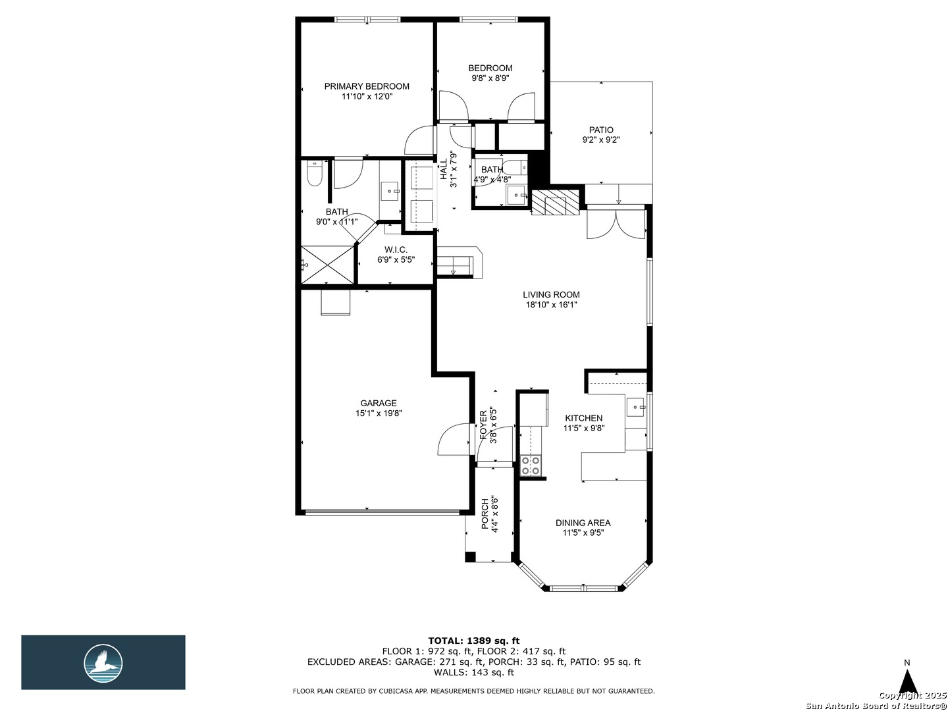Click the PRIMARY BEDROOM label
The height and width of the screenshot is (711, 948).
pos(367,86)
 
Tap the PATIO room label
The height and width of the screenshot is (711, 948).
pos(601,130)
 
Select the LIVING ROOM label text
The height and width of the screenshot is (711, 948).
pos(551,295)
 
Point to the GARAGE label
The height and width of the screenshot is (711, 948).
pos(379,403)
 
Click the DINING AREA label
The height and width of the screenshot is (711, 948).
pos(583,523)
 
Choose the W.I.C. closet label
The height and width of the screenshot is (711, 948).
pos(396,250)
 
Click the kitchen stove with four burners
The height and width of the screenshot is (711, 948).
pos(531,465)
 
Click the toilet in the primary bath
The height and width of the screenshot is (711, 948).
pos(315,172)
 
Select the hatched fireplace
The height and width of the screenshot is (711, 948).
pos(554,202)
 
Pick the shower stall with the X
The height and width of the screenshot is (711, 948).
pos(327,265)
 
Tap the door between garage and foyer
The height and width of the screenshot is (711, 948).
pos(454,439)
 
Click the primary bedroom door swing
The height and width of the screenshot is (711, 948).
pos(419,140)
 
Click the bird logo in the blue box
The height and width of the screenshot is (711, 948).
pos(103,664)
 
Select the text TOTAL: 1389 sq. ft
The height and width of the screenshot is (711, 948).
pos(474,641)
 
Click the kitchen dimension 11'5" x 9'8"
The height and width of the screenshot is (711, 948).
pos(584,428)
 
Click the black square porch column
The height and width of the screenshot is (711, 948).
pos(470,557)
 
